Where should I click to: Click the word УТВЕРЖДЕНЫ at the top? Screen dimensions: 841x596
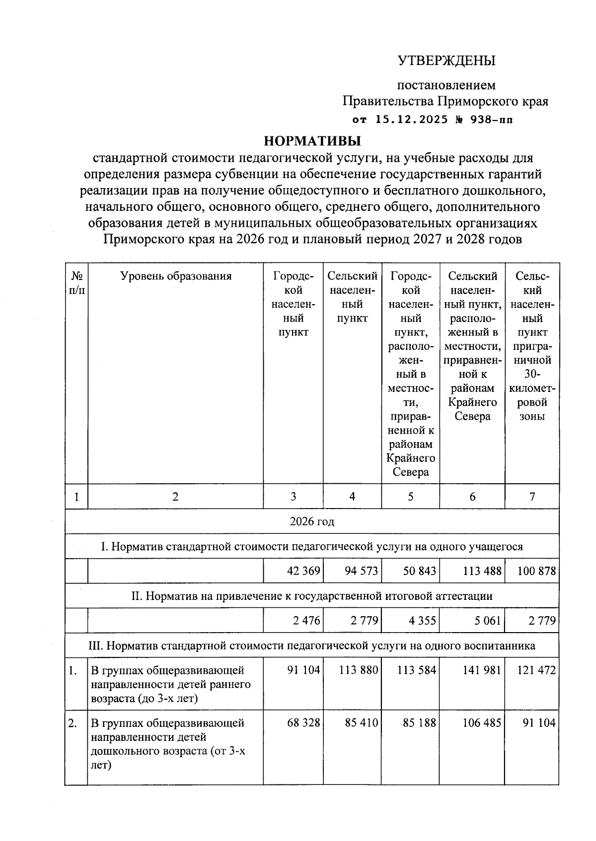click(447, 61)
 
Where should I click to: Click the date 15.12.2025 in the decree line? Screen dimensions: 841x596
click(412, 120)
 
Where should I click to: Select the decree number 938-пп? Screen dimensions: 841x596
click(489, 120)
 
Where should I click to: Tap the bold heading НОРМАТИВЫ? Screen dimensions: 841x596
click(312, 141)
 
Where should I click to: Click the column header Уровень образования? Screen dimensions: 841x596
click(176, 276)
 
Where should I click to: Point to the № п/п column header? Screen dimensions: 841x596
click(76, 283)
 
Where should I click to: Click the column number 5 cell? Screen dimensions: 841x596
click(410, 496)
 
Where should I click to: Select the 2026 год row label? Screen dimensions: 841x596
click(312, 521)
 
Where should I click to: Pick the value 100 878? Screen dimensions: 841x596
click(536, 571)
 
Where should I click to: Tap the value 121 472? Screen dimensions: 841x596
click(536, 670)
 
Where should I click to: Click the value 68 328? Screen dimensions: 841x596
click(303, 723)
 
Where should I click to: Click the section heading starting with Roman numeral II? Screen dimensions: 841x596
click(312, 596)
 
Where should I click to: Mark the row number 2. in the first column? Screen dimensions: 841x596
click(73, 723)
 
